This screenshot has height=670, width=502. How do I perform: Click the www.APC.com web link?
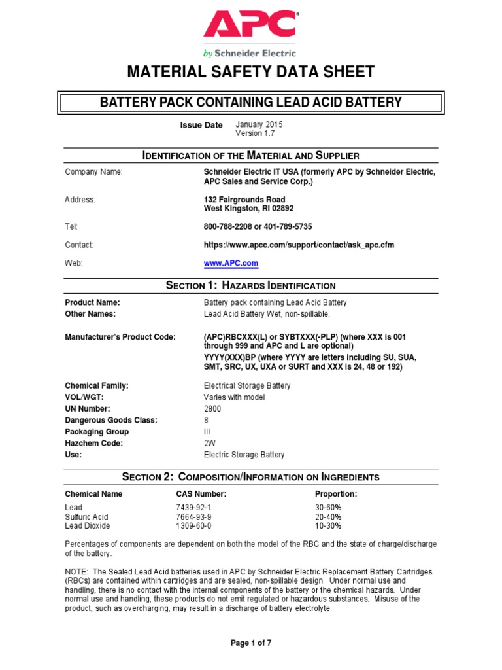click(231, 264)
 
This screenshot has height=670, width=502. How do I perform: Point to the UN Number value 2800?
click(212, 408)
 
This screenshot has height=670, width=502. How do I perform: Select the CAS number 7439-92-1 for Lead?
click(194, 507)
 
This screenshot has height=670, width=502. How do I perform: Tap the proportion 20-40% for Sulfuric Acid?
click(329, 516)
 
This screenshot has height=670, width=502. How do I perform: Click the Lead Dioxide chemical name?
click(88, 525)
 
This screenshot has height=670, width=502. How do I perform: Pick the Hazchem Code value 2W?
click(209, 443)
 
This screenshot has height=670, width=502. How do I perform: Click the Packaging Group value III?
click(207, 432)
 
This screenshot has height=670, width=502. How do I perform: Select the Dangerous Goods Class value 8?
click(206, 420)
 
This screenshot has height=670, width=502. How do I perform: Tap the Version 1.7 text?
click(256, 133)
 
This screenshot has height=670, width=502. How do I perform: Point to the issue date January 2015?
click(259, 124)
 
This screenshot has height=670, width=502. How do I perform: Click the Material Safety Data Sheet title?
click(251, 71)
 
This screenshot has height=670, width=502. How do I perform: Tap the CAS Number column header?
click(201, 494)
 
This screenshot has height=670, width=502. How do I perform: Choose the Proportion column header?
click(336, 494)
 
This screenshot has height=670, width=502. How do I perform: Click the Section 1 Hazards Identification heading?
click(251, 286)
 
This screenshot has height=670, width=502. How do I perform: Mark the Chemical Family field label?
click(97, 386)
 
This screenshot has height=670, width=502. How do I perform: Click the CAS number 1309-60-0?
click(194, 525)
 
